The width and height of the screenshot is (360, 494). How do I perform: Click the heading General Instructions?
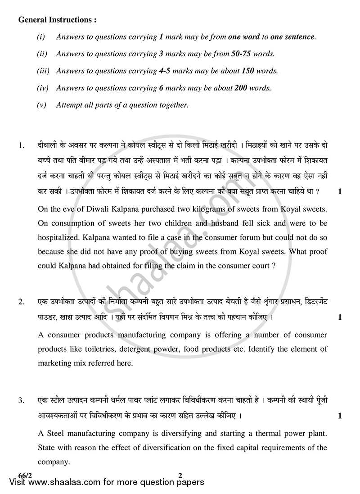pos(57,20)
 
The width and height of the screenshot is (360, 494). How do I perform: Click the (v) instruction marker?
pos(41,105)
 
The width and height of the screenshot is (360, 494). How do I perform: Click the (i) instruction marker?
pos(40,37)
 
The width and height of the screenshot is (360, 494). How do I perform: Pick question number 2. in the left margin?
pos(21,302)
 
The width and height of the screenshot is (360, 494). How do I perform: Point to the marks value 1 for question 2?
pos(340,317)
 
